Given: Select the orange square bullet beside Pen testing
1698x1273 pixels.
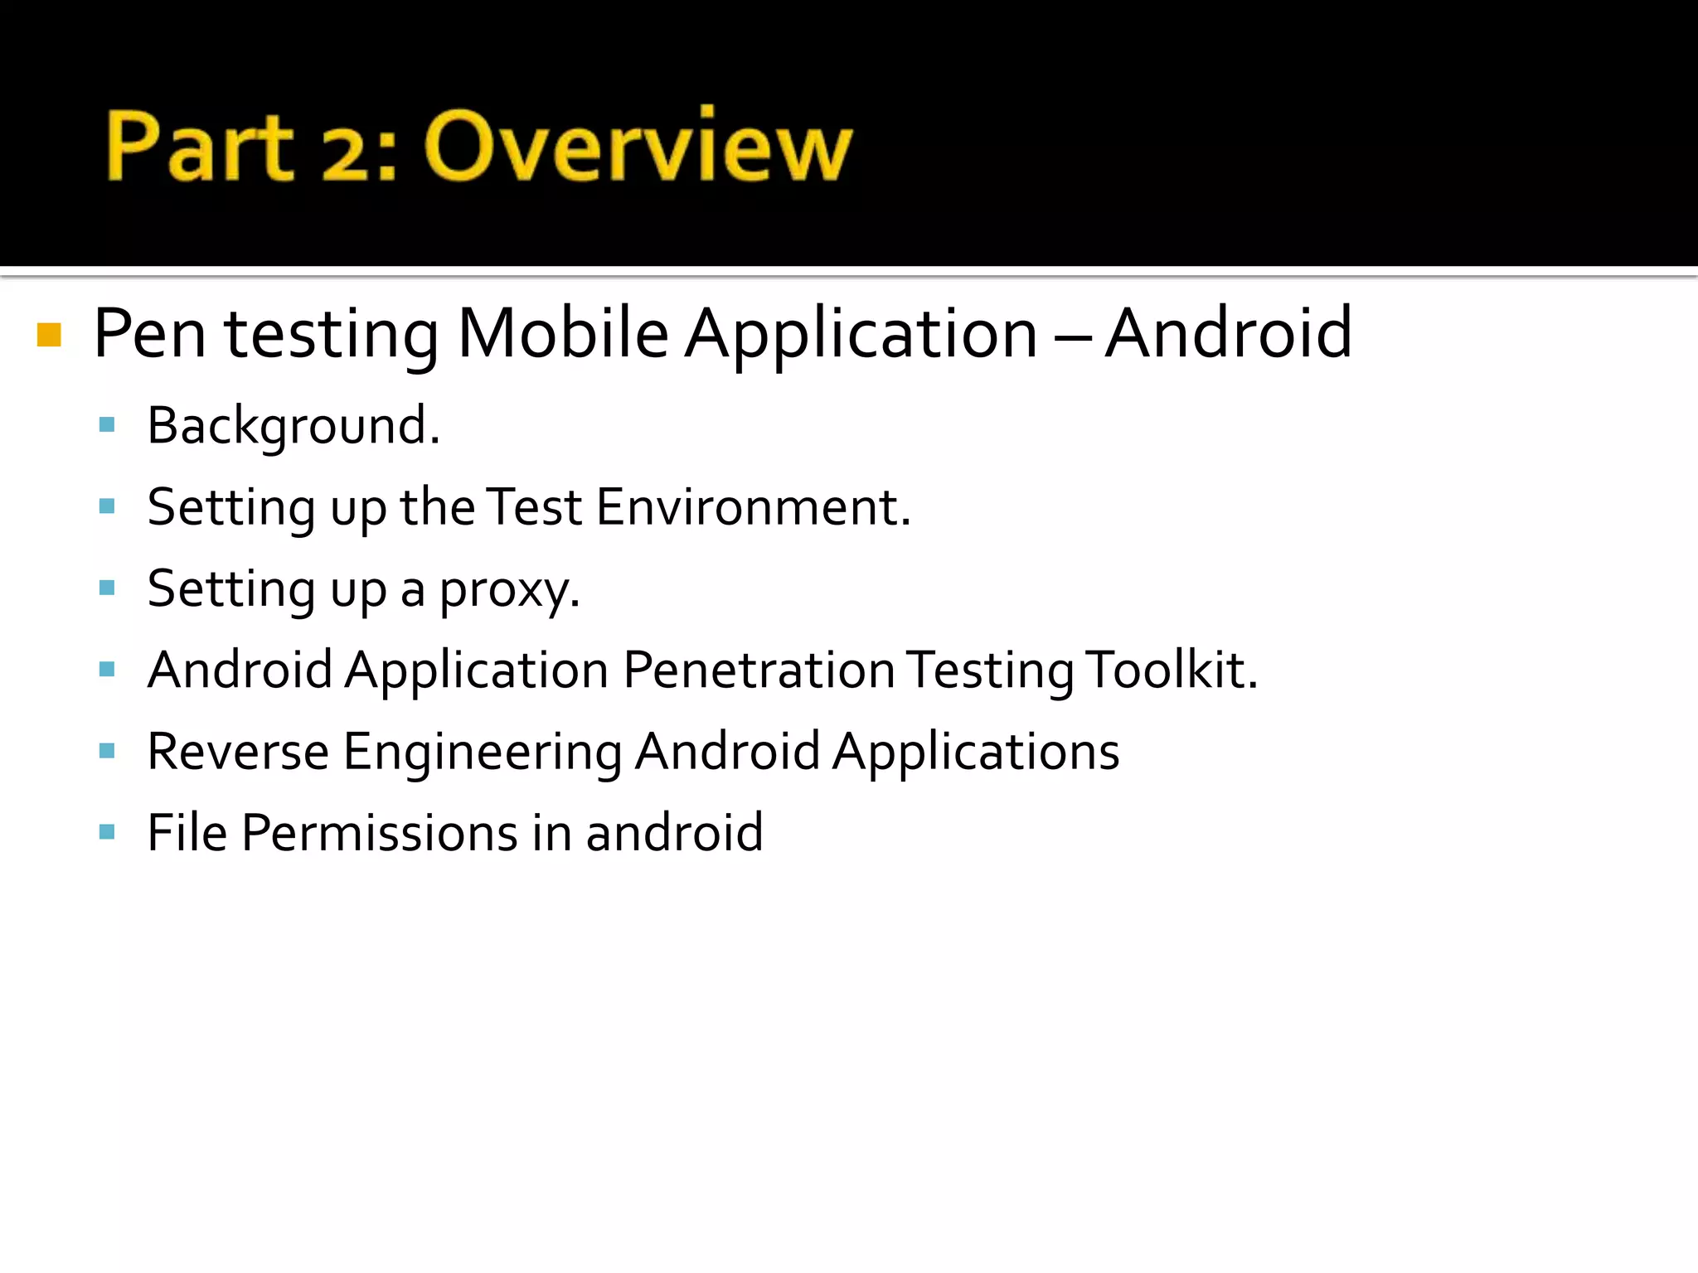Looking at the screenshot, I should point(50,335).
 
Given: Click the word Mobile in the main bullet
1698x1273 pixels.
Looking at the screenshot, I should point(563,333).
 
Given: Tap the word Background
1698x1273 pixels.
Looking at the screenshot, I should point(293,426).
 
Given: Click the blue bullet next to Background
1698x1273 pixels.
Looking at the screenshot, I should point(106,425).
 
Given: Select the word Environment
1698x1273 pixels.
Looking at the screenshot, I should point(753,507).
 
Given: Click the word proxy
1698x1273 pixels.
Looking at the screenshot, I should point(508,590).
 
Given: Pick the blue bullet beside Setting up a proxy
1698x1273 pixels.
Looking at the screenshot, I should point(106,588).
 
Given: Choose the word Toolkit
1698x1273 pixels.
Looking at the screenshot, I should point(1172,670).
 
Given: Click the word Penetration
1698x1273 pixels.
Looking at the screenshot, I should point(759,670).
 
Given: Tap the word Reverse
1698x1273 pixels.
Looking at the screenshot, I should point(238,752).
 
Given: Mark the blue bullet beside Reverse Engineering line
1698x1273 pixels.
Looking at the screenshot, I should point(106,751).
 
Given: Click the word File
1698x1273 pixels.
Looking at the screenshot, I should point(187,833).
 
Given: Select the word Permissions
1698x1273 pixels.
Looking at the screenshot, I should point(380,833).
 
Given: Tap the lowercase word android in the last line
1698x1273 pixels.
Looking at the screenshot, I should point(674,833).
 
